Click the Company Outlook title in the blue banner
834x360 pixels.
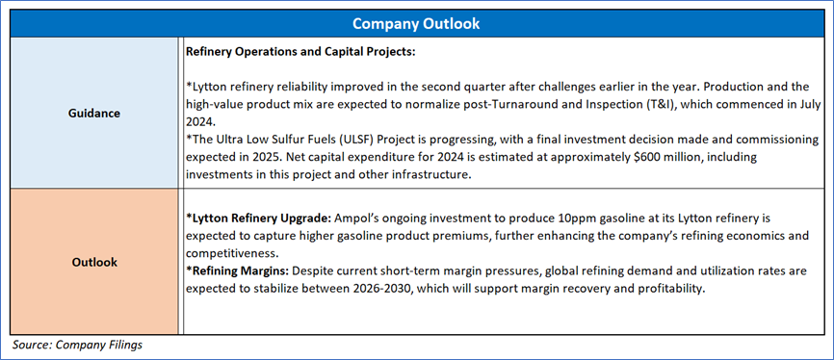(x=416, y=24)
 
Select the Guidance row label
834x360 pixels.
(x=93, y=113)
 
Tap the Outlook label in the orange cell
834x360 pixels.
(x=93, y=262)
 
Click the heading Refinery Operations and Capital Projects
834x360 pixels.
(x=300, y=53)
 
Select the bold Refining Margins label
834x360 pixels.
(x=237, y=271)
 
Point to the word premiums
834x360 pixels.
(x=444, y=236)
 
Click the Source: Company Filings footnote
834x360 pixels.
(x=77, y=345)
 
